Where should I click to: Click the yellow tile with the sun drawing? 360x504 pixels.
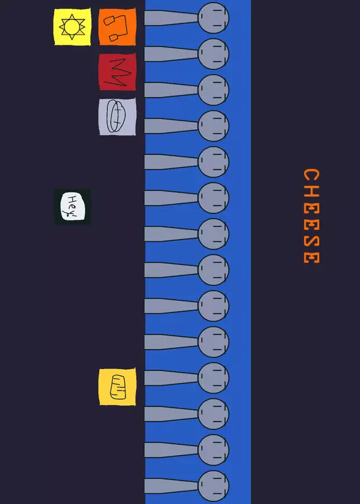pyautogui.click(x=73, y=27)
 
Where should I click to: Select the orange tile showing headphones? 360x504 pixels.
pyautogui.click(x=117, y=27)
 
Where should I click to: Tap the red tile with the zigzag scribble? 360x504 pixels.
pyautogui.click(x=117, y=72)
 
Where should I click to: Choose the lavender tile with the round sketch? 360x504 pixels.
pyautogui.click(x=117, y=117)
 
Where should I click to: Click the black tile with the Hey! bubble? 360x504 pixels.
pyautogui.click(x=73, y=207)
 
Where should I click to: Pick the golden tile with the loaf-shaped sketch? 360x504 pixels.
pyautogui.click(x=117, y=387)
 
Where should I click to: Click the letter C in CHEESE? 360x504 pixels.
pyautogui.click(x=311, y=176)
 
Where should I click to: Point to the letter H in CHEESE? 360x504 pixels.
pyautogui.click(x=311, y=193)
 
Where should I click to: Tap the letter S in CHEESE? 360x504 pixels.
pyautogui.click(x=311, y=242)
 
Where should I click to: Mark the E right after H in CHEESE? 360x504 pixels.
pyautogui.click(x=311, y=209)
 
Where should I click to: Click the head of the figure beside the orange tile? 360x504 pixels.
pyautogui.click(x=213, y=18)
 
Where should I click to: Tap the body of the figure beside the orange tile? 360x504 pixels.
pyautogui.click(x=171, y=18)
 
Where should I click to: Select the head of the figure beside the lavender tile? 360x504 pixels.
pyautogui.click(x=213, y=126)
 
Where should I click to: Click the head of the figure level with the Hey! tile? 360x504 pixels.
pyautogui.click(x=213, y=198)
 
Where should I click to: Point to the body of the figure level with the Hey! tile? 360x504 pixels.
pyautogui.click(x=171, y=198)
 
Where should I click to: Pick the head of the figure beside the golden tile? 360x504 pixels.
pyautogui.click(x=213, y=378)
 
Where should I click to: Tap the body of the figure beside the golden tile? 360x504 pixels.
pyautogui.click(x=171, y=378)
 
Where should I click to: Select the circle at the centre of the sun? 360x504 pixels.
pyautogui.click(x=73, y=27)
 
